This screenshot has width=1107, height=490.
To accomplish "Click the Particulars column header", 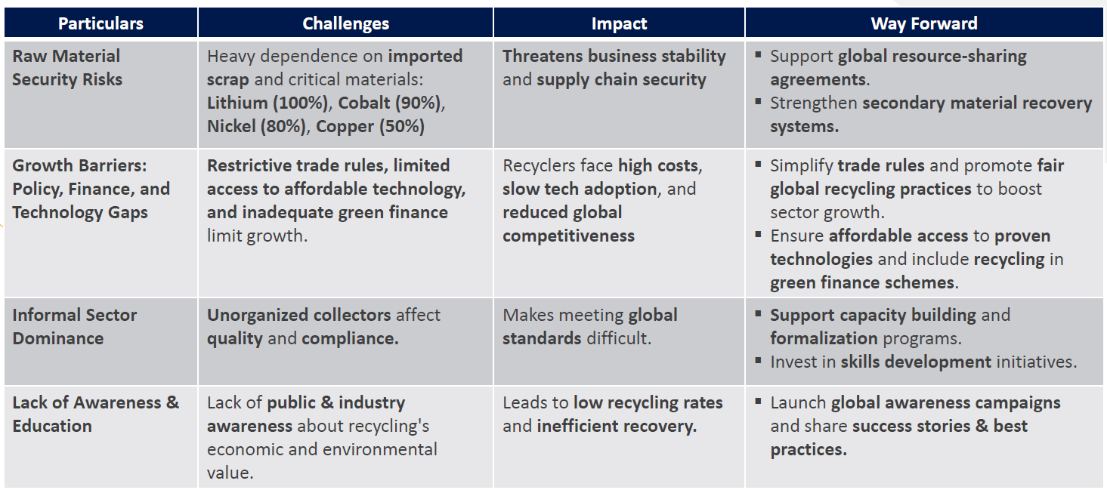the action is [100, 23].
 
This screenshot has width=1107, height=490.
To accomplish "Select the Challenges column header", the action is [346, 23].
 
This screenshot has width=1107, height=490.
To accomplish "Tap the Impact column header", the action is [619, 23].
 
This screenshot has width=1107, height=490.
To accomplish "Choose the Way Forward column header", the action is [924, 23].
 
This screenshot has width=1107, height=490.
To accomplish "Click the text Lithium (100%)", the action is [267, 103].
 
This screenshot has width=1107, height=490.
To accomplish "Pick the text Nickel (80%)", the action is [256, 126].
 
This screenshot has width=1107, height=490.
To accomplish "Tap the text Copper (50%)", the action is [370, 126].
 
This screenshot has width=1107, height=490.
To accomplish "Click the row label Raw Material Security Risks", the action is [67, 68].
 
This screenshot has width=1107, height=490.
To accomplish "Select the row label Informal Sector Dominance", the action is [75, 326].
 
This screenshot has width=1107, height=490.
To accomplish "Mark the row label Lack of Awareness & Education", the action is [96, 414].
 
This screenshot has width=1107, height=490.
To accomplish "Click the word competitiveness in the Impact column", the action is [568, 236].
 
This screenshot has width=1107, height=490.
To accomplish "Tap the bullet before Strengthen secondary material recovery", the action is [758, 101].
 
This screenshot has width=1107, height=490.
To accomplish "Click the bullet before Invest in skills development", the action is [758, 361].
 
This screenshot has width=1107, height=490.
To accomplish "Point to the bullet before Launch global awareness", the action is [758, 401].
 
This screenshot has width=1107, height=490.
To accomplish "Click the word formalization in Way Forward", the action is [824, 338].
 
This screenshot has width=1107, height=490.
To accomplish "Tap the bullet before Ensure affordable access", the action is [758, 234].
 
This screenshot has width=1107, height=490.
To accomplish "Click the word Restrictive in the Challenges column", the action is [249, 165].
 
